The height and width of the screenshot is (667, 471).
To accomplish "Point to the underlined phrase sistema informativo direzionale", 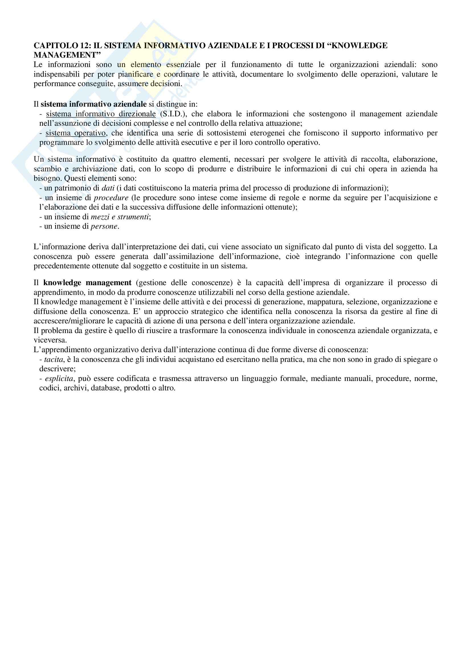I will tap(101, 114).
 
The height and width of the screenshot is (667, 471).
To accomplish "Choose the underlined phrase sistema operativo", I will tap(76, 133).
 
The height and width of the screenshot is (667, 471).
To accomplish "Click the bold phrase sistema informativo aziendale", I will tap(93, 104).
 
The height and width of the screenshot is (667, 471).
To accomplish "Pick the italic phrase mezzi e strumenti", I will tap(120, 217).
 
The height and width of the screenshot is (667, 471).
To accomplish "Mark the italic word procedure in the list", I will tap(111, 198).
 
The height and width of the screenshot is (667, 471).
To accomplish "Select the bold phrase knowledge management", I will tap(87, 283).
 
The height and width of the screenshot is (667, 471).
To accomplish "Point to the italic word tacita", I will tap(54, 359).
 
